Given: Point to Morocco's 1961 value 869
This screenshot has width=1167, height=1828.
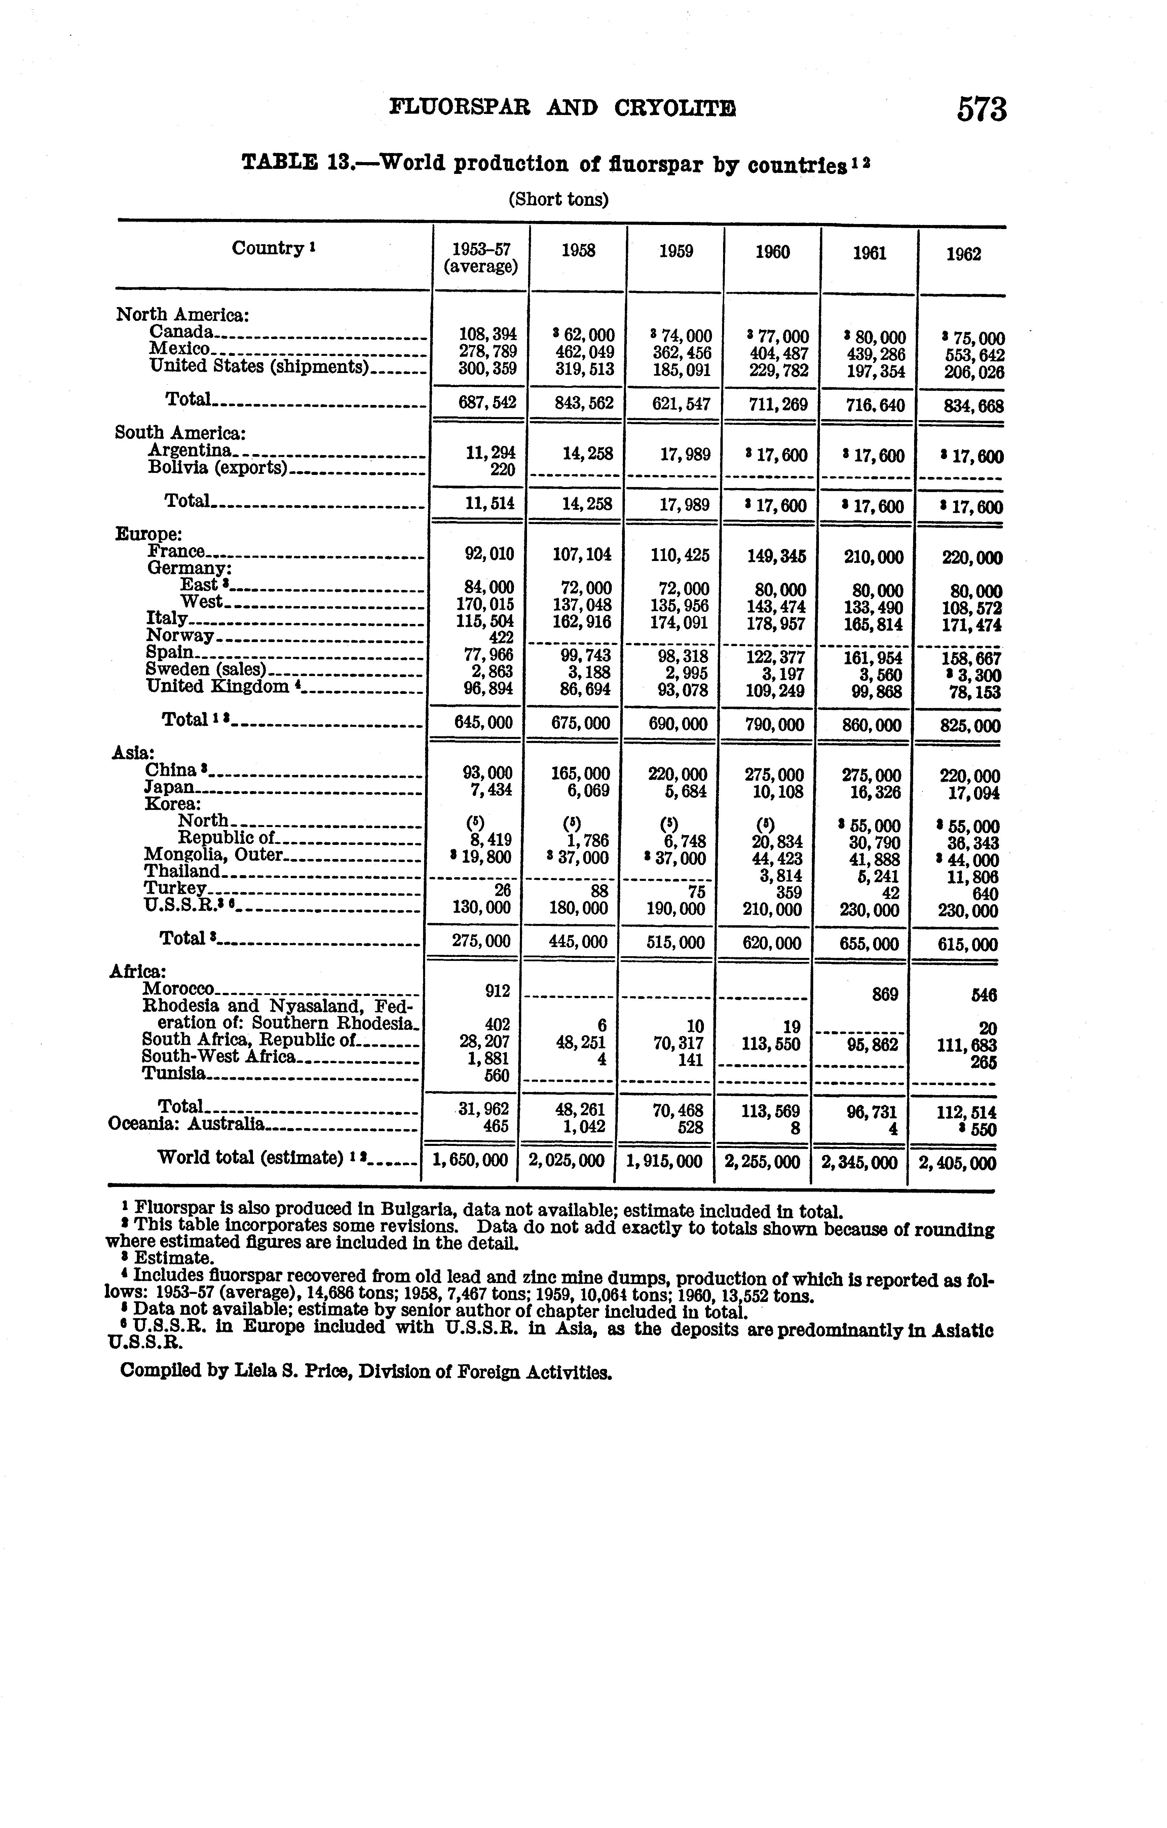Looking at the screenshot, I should point(884,994).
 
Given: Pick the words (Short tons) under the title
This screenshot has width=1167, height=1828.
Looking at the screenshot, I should point(558,200).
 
